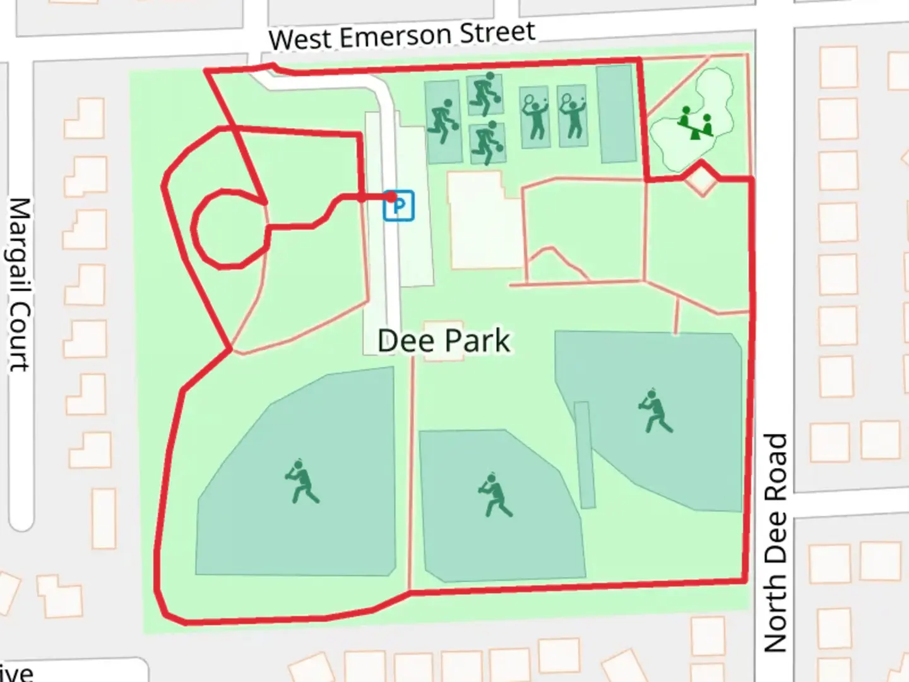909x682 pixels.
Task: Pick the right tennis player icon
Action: click(573, 116)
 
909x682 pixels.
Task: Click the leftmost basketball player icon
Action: click(443, 121)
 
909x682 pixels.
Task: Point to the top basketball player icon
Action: click(485, 93)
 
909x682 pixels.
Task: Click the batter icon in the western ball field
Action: click(302, 481)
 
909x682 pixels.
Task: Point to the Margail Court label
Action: click(19, 284)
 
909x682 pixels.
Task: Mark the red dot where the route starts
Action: click(392, 198)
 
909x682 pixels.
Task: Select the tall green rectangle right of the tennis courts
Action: click(616, 114)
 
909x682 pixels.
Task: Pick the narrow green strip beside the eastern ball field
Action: click(585, 455)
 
